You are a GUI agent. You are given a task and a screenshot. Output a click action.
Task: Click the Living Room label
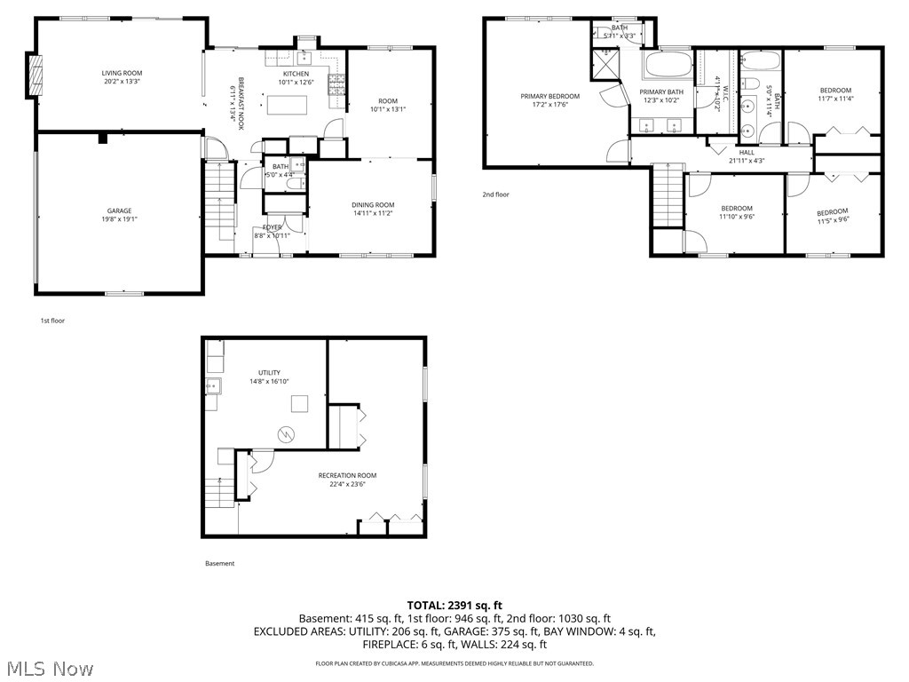pos(122,73)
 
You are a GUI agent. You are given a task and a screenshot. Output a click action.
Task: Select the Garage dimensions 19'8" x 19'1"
pos(120,219)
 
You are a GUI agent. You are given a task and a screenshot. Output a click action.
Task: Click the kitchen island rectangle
pos(290,105)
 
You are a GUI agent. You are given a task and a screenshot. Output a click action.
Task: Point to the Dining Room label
pos(373,205)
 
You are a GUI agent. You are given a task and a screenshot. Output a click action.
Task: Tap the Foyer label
pos(272,227)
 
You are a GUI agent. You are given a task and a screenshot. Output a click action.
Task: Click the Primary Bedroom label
pos(549,96)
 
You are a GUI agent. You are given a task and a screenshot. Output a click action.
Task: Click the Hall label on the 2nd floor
pos(747,152)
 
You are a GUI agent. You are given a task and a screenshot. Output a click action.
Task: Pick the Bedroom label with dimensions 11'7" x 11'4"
pos(835,90)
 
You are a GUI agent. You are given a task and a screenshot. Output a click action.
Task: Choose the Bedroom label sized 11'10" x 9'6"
pos(736,209)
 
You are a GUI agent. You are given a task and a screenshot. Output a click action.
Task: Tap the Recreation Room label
pos(348,475)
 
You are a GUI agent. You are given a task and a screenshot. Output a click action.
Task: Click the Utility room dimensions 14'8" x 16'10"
pos(269,381)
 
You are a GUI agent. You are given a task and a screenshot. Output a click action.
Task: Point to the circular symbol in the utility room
pos(286,434)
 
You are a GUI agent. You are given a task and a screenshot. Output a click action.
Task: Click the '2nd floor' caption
pos(496,194)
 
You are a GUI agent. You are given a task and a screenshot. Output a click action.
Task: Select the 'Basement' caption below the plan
pos(220,563)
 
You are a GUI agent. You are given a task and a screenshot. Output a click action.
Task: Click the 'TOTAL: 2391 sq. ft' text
pos(454,605)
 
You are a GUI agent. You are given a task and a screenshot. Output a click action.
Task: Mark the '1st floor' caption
pos(52,321)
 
